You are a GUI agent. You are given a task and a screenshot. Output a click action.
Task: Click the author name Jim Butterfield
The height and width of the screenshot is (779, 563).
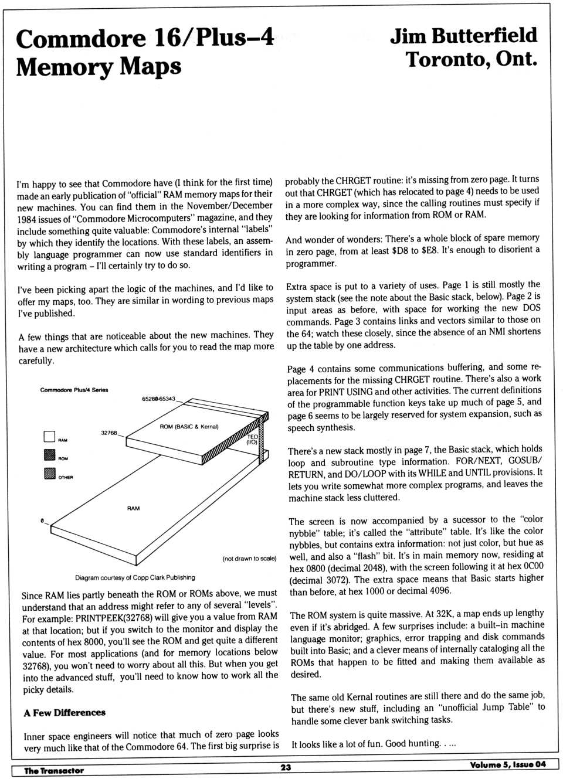coord(463,36)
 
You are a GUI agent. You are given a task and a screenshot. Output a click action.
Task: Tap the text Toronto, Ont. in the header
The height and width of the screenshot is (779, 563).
coord(471,59)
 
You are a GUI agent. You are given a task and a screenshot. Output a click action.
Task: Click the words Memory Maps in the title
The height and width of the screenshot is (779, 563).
coord(98,66)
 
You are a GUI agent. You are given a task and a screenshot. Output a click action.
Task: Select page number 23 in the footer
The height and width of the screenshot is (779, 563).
coord(286,767)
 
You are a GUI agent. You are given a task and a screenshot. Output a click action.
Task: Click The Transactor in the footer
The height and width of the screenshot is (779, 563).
coord(54,770)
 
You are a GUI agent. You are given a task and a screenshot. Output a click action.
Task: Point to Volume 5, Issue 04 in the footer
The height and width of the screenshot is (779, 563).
coord(507,764)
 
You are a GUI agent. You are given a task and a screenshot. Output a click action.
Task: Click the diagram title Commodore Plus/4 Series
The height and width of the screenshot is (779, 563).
coord(74,390)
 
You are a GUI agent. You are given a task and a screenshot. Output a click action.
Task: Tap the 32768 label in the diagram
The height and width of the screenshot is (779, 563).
coord(109,433)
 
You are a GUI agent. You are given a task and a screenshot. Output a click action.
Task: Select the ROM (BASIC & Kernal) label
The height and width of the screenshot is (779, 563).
coord(189,427)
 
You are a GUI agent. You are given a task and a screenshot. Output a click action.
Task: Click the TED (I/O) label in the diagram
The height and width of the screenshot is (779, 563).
coord(252,440)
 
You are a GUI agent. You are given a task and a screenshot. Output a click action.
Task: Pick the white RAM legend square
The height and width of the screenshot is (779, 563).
coord(49,437)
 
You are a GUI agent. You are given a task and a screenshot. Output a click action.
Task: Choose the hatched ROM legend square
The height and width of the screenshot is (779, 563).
coord(49,455)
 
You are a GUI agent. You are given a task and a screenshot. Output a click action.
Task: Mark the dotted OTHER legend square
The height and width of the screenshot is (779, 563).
coord(49,474)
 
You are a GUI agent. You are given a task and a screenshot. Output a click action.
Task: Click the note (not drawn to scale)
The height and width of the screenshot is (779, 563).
coord(249,559)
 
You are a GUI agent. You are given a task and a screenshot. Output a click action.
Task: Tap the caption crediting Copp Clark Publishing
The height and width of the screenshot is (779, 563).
coord(135,577)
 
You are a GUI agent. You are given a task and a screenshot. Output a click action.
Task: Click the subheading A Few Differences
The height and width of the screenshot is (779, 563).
coord(65,713)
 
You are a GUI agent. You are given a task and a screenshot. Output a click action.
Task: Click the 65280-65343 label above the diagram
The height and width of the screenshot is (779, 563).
coord(158,399)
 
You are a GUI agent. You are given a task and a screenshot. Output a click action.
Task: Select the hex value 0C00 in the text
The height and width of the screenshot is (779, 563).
coord(532,566)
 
